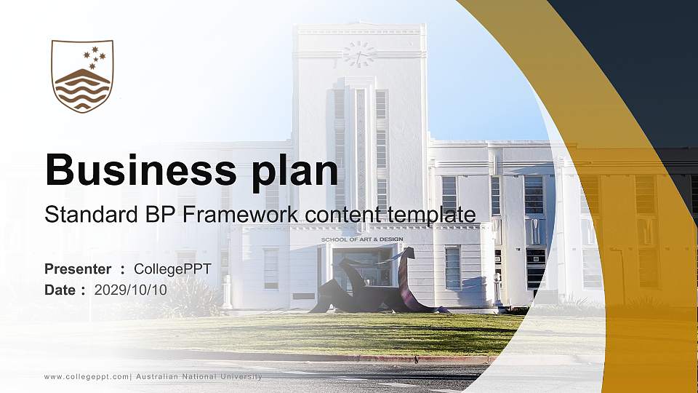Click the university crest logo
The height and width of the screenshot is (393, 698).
82,76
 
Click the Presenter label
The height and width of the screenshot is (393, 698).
78,269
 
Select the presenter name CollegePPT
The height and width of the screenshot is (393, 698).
172,269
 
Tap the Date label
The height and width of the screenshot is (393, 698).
60,290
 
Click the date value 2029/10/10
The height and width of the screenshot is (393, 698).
131,290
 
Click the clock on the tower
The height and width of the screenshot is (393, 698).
358,54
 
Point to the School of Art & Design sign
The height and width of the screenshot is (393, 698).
361,239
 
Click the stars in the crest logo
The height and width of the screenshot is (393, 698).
95,56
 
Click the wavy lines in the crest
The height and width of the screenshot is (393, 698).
82,93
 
